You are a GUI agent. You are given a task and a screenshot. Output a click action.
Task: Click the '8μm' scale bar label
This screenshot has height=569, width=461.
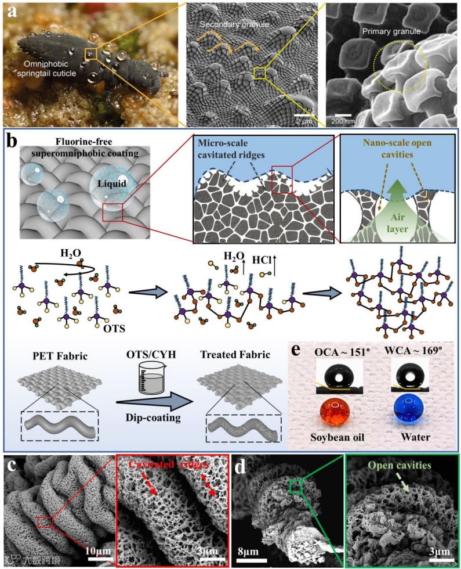pyautogui.click(x=258, y=548)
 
